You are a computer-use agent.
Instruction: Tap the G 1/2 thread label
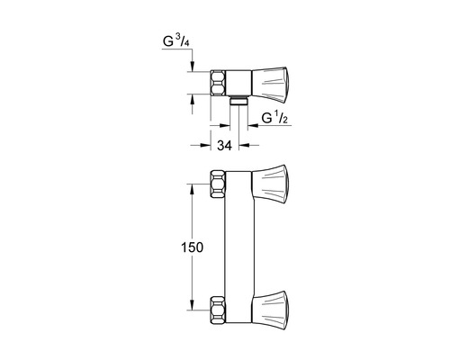pyautogui.click(x=274, y=119)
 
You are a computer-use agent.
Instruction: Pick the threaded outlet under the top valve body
pyautogui.click(x=239, y=101)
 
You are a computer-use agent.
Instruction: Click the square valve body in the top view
pyautogui.click(x=240, y=82)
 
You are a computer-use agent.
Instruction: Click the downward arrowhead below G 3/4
pyautogui.click(x=193, y=66)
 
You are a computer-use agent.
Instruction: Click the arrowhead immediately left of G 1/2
pyautogui.click(x=252, y=126)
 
